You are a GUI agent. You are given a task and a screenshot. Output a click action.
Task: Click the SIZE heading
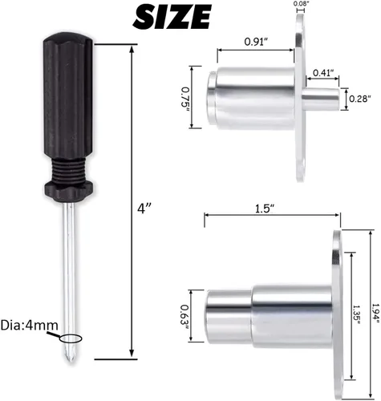click(172, 17)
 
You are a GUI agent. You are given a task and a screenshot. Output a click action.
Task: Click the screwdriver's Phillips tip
click(70, 352)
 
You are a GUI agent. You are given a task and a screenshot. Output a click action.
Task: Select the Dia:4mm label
click(29, 326)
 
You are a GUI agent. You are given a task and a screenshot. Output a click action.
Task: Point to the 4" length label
click(144, 209)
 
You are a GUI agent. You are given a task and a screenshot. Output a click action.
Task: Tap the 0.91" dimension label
click(257, 42)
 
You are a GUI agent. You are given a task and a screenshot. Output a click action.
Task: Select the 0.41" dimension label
click(323, 72)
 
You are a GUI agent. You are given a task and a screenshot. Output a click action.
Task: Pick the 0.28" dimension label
click(360, 99)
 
